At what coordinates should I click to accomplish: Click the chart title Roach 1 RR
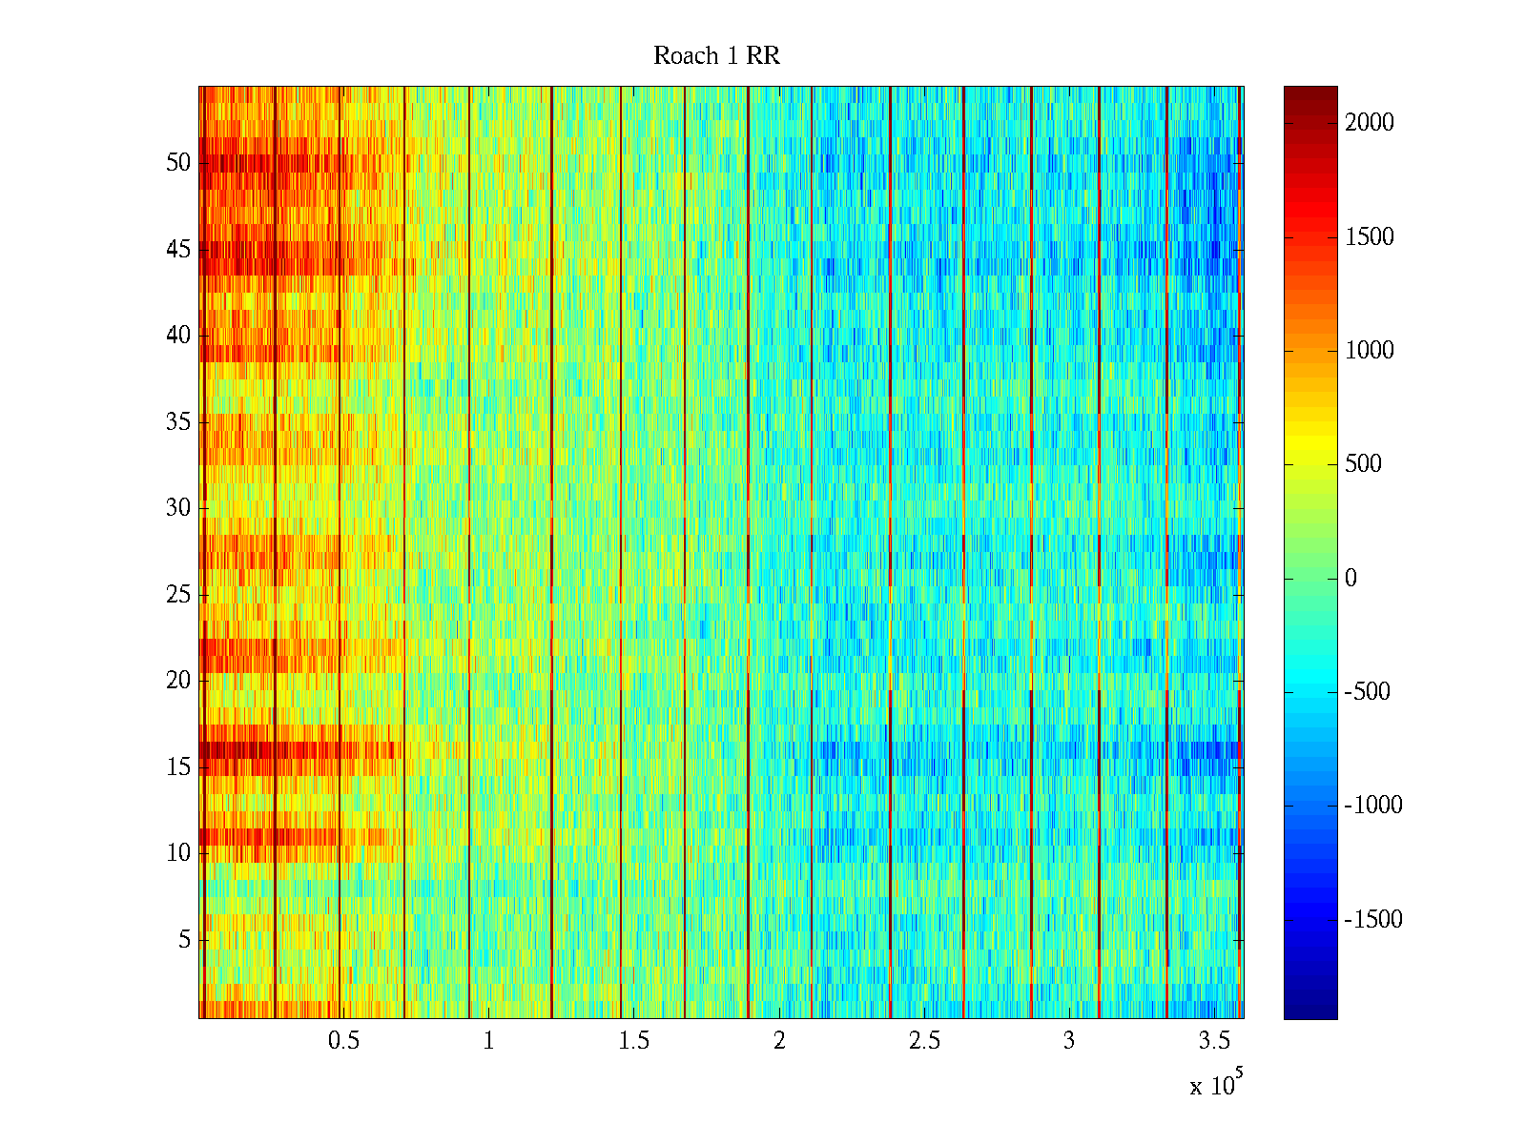click(x=716, y=56)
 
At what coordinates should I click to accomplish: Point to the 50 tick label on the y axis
click(x=178, y=163)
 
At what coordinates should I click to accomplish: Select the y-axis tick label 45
click(x=178, y=250)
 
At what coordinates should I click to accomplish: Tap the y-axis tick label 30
click(x=178, y=508)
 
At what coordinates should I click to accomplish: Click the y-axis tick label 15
click(x=178, y=767)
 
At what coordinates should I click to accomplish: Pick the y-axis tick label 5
click(x=184, y=940)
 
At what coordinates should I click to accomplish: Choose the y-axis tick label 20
click(x=178, y=681)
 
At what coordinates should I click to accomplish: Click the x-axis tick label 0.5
click(x=343, y=1041)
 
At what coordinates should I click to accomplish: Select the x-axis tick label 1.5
click(x=634, y=1041)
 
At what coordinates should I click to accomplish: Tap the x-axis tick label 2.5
click(x=924, y=1041)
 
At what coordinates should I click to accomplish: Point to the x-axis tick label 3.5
click(x=1214, y=1041)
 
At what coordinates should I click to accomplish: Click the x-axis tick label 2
click(x=779, y=1041)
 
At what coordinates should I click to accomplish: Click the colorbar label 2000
click(x=1370, y=123)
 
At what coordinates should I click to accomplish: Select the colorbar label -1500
click(x=1373, y=920)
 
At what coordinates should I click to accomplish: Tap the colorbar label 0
click(x=1351, y=579)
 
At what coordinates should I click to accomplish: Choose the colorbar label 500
click(x=1363, y=464)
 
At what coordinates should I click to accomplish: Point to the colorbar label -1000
click(x=1373, y=806)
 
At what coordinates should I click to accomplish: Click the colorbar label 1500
click(x=1370, y=237)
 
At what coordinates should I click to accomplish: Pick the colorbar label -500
click(x=1367, y=692)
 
